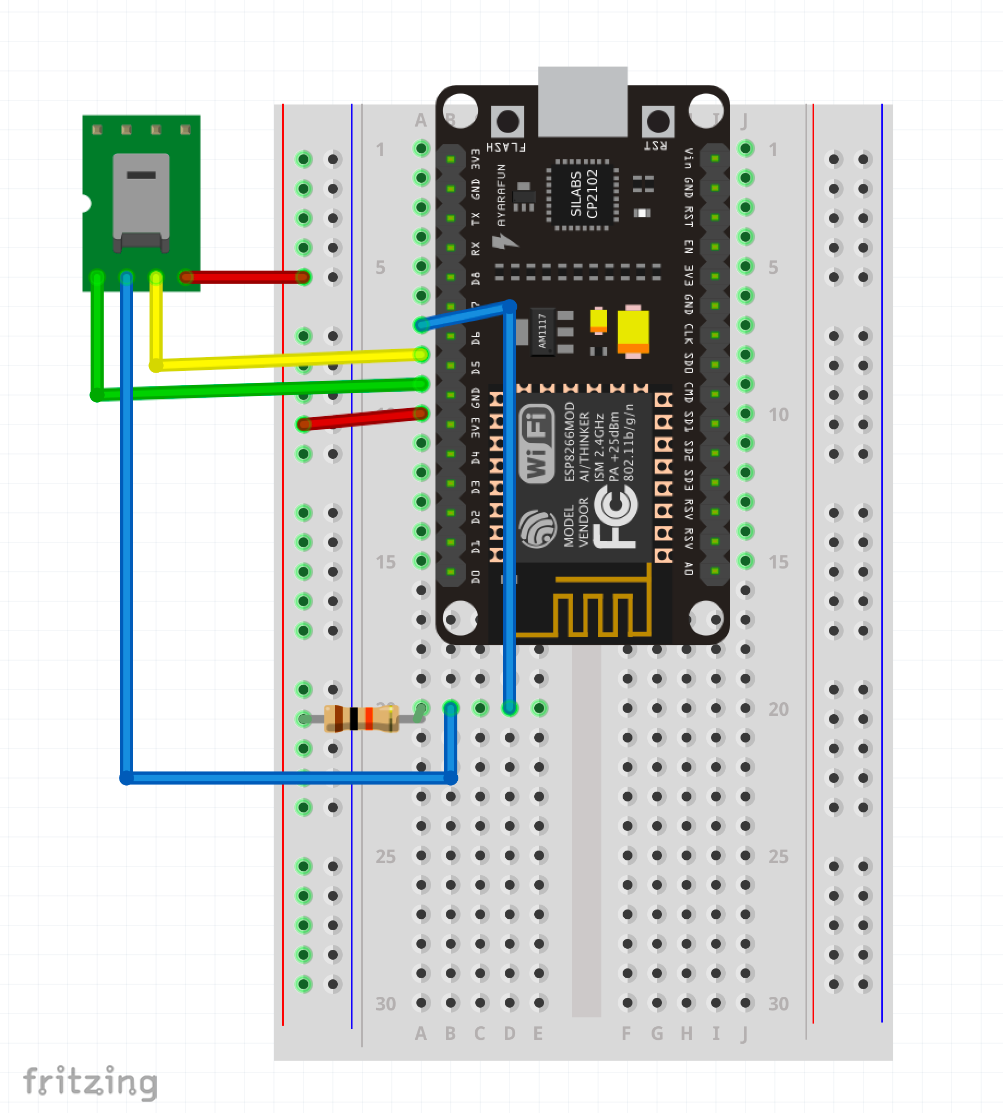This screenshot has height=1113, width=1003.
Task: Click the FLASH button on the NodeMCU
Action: pyautogui.click(x=507, y=122)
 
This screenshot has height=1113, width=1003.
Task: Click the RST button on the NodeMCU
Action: pyautogui.click(x=658, y=122)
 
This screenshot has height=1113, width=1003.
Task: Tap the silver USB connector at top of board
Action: pyautogui.click(x=582, y=102)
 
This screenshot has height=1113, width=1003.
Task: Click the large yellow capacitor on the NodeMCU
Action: pyautogui.click(x=632, y=331)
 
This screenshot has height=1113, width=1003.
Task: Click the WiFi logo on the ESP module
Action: pyautogui.click(x=536, y=444)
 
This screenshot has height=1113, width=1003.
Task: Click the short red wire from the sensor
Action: pyautogui.click(x=245, y=277)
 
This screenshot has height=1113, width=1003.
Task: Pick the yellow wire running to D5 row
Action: pyautogui.click(x=286, y=360)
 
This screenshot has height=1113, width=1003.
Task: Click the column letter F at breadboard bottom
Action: pyautogui.click(x=626, y=1034)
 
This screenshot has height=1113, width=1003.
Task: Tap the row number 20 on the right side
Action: pyautogui.click(x=778, y=709)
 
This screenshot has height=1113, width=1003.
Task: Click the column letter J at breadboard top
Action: pyautogui.click(x=744, y=121)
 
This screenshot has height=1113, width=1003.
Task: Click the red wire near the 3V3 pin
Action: pyautogui.click(x=361, y=419)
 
